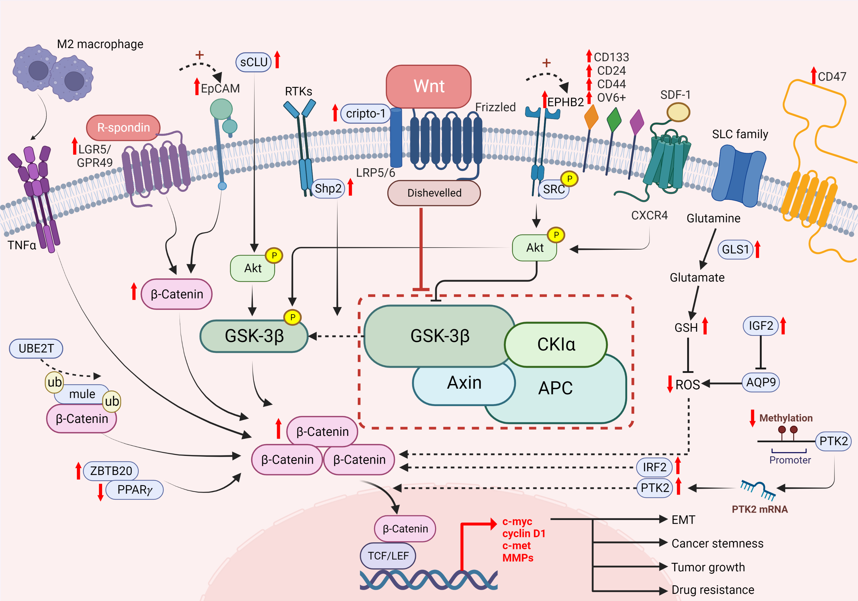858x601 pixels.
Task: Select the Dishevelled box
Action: pyautogui.click(x=434, y=193)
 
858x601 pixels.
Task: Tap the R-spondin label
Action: pyautogui.click(x=123, y=128)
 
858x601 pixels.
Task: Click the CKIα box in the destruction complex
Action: pyautogui.click(x=556, y=344)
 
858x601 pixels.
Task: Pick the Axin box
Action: pyautogui.click(x=464, y=383)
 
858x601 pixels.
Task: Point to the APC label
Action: pyautogui.click(x=555, y=388)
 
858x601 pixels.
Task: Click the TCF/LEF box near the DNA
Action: pyautogui.click(x=388, y=556)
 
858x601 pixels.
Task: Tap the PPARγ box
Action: pyautogui.click(x=134, y=490)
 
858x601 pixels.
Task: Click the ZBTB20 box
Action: pyautogui.click(x=111, y=470)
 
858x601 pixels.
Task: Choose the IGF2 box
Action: pyautogui.click(x=760, y=326)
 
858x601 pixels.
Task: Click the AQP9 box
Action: pyautogui.click(x=760, y=382)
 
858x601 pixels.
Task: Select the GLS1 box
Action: pyautogui.click(x=735, y=249)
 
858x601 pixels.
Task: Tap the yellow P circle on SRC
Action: pyautogui.click(x=569, y=179)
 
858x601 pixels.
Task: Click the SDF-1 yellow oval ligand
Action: pyautogui.click(x=678, y=112)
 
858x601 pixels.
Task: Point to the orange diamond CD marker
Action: pyautogui.click(x=591, y=117)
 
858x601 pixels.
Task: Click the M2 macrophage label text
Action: pyautogui.click(x=100, y=44)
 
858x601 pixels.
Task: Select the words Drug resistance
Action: pyautogui.click(x=713, y=590)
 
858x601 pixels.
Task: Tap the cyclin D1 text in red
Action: pyautogui.click(x=524, y=533)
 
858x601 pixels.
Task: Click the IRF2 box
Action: pyautogui.click(x=654, y=467)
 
